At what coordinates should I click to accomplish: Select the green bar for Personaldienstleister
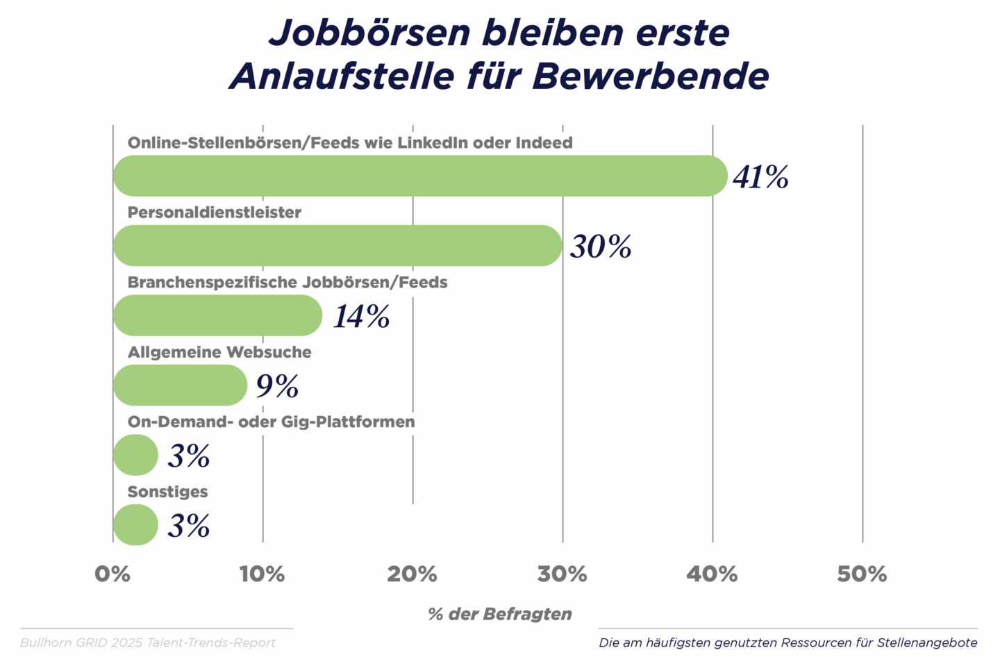(x=337, y=245)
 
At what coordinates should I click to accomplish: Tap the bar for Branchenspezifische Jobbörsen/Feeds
(x=217, y=315)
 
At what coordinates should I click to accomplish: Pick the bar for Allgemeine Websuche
(x=180, y=385)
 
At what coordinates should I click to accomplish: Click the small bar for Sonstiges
(x=135, y=524)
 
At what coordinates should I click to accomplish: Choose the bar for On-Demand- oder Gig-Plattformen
(x=135, y=455)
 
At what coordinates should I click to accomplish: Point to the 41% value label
(x=761, y=177)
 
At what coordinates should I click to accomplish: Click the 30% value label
(x=601, y=247)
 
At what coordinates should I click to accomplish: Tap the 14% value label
(x=362, y=317)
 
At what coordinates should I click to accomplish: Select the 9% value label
(x=278, y=386)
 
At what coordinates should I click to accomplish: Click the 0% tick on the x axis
(x=112, y=574)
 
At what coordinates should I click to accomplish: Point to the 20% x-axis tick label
(x=412, y=574)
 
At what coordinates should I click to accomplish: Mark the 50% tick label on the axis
(x=862, y=574)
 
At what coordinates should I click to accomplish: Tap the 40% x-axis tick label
(x=712, y=574)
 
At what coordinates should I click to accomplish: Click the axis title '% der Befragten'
(x=500, y=614)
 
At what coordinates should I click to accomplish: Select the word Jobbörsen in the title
(x=369, y=33)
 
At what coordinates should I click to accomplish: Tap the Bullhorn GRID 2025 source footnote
(x=148, y=642)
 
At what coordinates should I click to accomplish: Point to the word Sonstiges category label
(x=167, y=492)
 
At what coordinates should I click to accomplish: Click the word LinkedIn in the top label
(x=433, y=143)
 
